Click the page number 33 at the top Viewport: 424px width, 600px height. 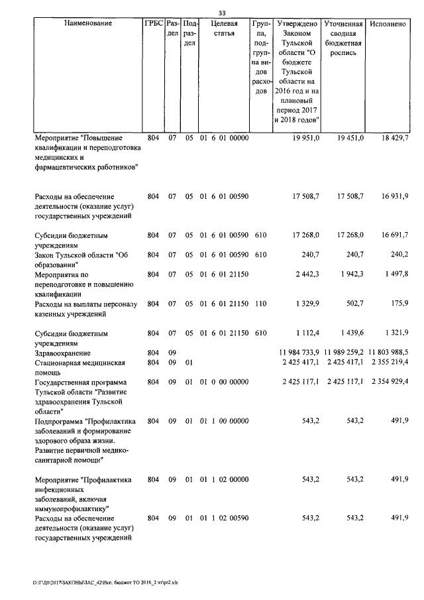coord(222,13)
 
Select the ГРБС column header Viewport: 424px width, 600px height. coord(153,23)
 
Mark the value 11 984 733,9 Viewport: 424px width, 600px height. coord(296,353)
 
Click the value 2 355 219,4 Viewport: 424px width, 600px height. coord(390,363)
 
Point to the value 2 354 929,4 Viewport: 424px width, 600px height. coord(390,382)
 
